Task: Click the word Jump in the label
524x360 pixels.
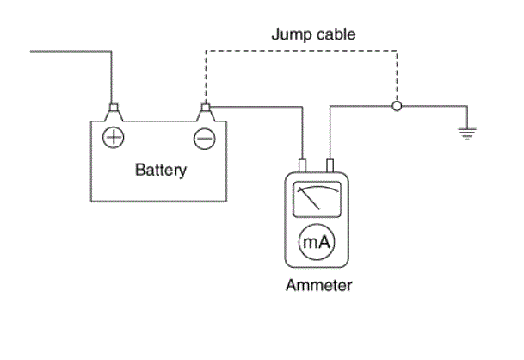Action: point(291,34)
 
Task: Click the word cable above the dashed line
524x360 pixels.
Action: point(336,34)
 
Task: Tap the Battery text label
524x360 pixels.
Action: point(161,170)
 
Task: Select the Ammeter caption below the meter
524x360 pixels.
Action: point(319,285)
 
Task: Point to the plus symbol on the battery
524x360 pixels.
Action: point(114,137)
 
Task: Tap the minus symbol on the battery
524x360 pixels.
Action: point(205,139)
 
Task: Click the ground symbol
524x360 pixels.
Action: point(467,133)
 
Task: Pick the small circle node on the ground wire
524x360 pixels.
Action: point(397,106)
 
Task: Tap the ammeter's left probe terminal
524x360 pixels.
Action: point(302,165)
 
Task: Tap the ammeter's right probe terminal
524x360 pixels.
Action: point(330,165)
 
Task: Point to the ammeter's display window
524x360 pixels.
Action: point(317,200)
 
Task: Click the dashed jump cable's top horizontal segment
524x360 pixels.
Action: point(301,51)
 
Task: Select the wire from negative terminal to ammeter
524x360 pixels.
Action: point(302,107)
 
